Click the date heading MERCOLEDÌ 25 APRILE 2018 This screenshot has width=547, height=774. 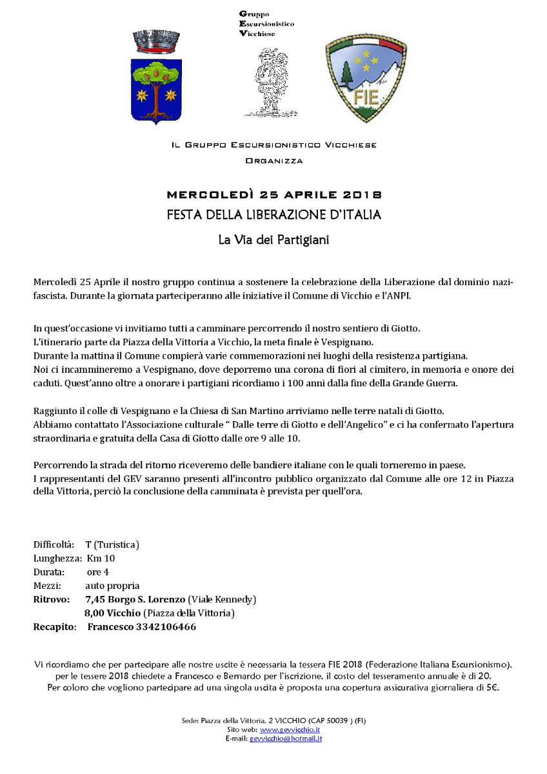pos(274,195)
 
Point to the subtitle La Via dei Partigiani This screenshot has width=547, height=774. pos(274,240)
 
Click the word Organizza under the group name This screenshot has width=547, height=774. pos(274,160)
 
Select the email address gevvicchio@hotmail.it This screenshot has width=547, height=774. pos(286,738)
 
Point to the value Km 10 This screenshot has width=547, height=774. pos(100,558)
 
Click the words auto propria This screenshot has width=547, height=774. pos(112,586)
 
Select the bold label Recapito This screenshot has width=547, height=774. pos(54,626)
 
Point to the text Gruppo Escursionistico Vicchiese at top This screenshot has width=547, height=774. pos(266,23)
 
